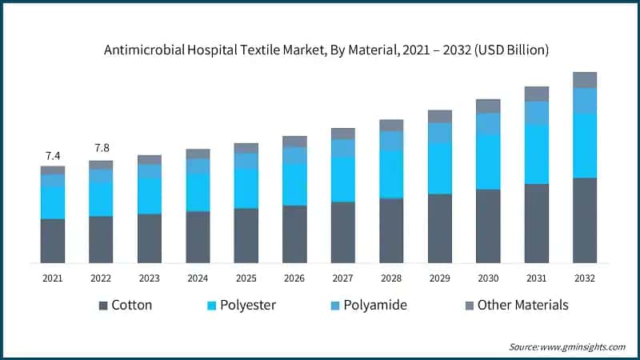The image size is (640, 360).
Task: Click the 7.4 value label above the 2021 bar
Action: [52, 155]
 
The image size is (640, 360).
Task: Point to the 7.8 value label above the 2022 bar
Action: [101, 149]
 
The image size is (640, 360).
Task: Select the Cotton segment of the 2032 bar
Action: [585, 220]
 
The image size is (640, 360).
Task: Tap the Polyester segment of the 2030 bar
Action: [488, 162]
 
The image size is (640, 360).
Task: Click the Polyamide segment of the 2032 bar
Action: [585, 100]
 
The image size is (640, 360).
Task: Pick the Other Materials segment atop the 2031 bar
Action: [536, 94]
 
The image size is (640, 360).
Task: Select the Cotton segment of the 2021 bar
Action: [53, 241]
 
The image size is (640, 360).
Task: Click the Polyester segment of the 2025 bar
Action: [246, 188]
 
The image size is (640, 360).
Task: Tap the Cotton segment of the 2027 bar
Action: [342, 232]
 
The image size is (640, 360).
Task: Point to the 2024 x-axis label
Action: [198, 278]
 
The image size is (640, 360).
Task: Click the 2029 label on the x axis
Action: [439, 278]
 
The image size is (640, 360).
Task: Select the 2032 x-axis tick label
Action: [585, 278]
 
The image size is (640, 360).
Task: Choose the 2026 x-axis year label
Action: [294, 278]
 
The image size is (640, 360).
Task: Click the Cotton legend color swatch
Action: [103, 306]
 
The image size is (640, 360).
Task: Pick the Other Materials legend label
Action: [522, 305]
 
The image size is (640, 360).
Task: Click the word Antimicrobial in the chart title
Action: [145, 50]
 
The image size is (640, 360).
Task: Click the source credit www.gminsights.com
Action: [584, 346]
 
